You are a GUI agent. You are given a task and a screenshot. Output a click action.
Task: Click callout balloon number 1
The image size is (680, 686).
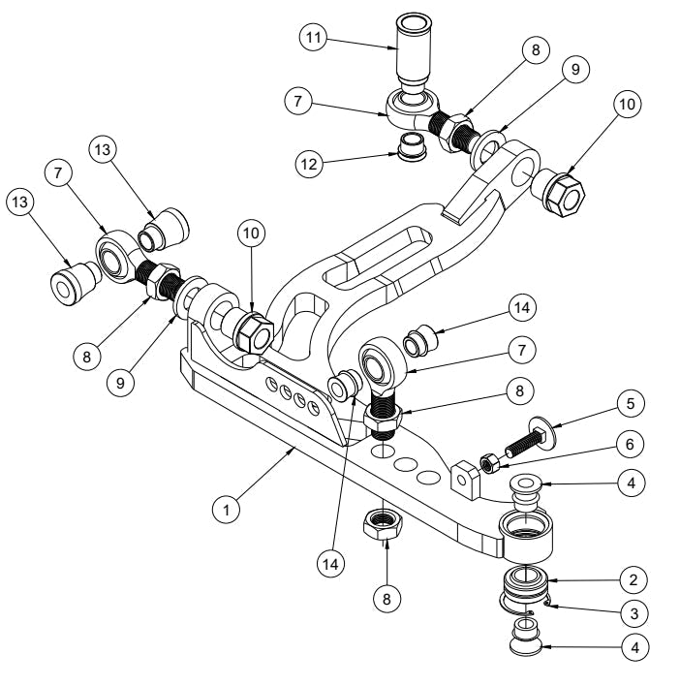[x=226, y=508]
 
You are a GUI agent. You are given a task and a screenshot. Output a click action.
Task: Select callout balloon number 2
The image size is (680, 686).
[x=632, y=580]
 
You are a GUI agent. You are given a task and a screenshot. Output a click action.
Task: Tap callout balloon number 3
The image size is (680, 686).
[x=632, y=612]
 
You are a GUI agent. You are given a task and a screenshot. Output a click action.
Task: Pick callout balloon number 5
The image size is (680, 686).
[x=632, y=402]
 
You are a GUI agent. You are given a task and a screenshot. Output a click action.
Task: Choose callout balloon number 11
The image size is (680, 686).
[x=312, y=39]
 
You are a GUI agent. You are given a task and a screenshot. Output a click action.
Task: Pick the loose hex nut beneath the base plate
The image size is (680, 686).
[x=385, y=527]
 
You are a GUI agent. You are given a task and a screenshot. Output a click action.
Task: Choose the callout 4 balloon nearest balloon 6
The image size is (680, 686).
[x=632, y=481]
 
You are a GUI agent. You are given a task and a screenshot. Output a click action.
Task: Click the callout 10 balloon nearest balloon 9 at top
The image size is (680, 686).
[x=628, y=105]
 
